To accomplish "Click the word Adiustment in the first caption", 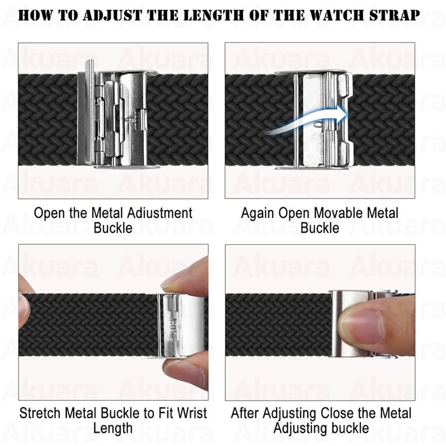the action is [x=159, y=213].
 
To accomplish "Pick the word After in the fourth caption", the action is [x=245, y=413].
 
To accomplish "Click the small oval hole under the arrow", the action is [x=318, y=124].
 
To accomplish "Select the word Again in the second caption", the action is [x=258, y=214].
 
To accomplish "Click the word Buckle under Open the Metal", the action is [x=113, y=228].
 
